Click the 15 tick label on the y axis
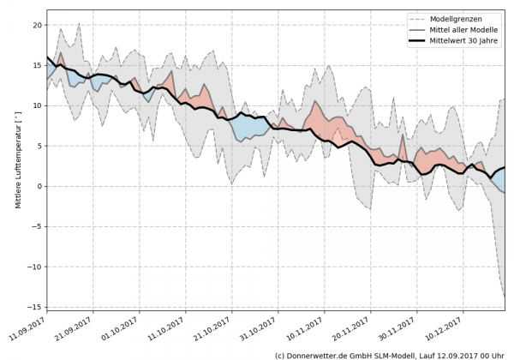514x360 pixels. tap(37, 65)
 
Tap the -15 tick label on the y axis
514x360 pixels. tap(35, 307)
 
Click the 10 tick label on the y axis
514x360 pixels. tap(37, 105)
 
